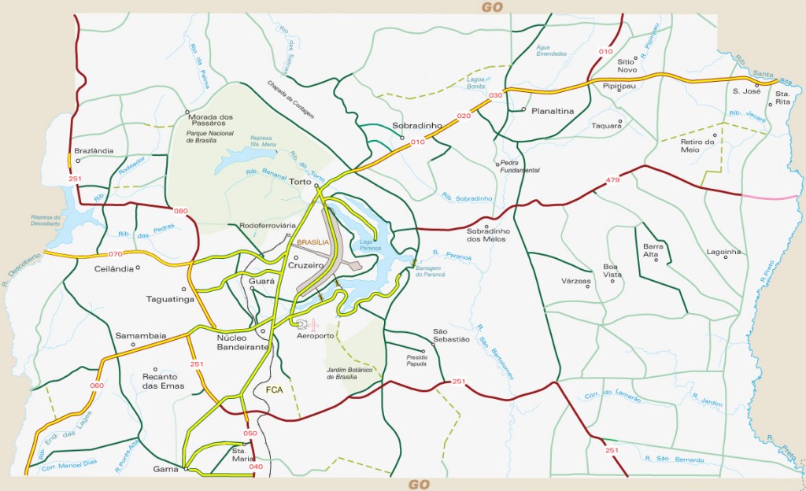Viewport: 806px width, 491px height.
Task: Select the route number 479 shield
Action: pyautogui.click(x=614, y=182)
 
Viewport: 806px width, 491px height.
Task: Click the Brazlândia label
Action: pyautogui.click(x=94, y=150)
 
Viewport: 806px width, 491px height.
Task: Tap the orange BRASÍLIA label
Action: pyautogui.click(x=312, y=243)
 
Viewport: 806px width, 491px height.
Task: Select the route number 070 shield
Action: pyautogui.click(x=116, y=254)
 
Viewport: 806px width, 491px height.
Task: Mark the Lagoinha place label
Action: pyautogui.click(x=724, y=253)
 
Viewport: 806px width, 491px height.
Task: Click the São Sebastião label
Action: pyautogui.click(x=451, y=335)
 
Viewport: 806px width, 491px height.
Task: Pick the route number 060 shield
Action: pyautogui.click(x=97, y=386)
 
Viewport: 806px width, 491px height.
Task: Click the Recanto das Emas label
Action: pyautogui.click(x=163, y=382)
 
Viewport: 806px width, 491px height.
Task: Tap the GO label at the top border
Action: pyautogui.click(x=492, y=6)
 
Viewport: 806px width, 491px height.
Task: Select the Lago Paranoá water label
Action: pyautogui.click(x=370, y=245)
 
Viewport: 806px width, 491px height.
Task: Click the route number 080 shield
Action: pyautogui.click(x=181, y=211)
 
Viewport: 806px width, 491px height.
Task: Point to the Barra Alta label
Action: pyautogui.click(x=654, y=250)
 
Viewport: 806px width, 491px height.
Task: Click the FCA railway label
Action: pyautogui.click(x=275, y=389)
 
